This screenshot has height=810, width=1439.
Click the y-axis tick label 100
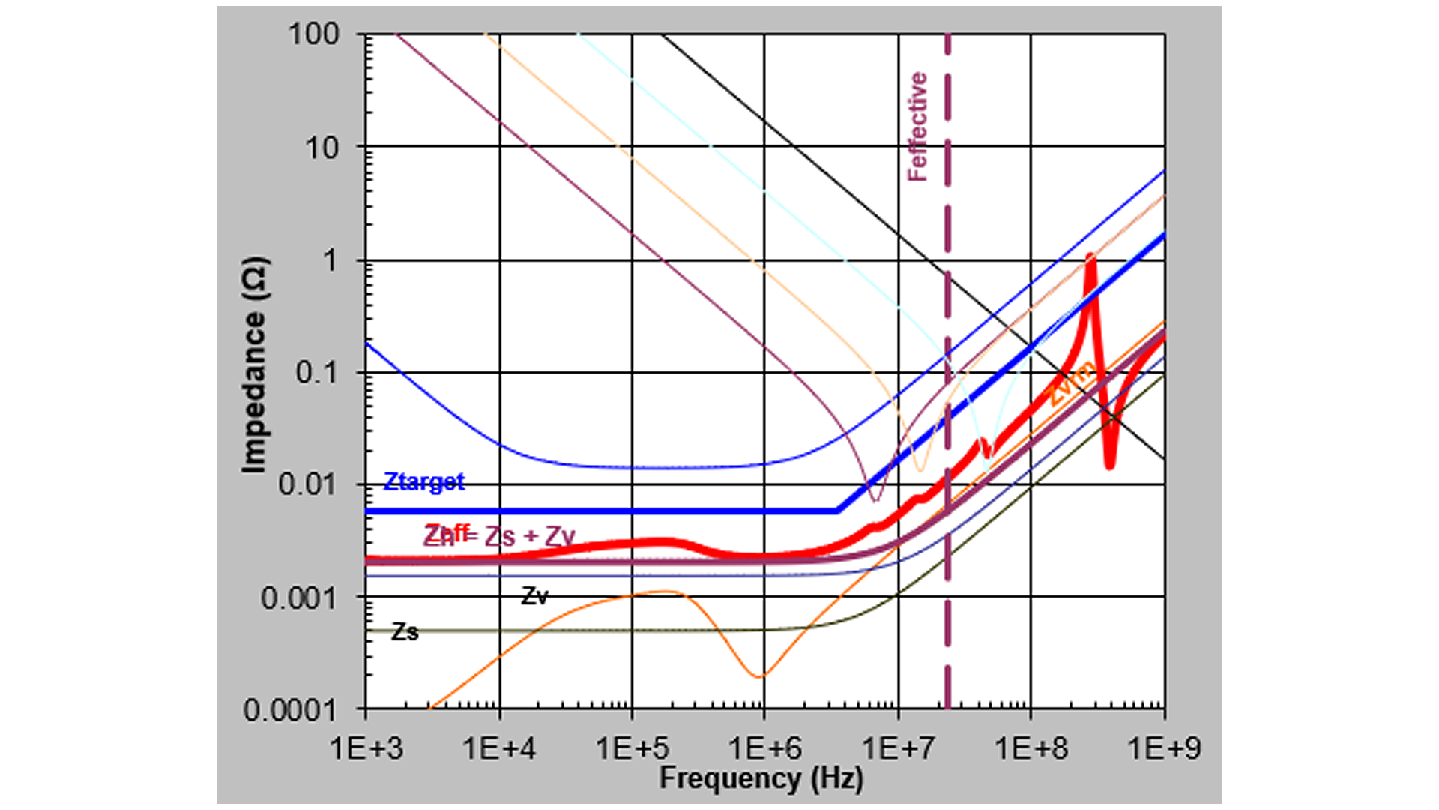click(314, 34)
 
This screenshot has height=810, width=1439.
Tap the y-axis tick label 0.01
click(308, 484)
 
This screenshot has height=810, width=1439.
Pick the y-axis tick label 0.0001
click(290, 709)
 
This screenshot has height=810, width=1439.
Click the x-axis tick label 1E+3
click(366, 748)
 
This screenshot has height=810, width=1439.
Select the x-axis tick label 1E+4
click(499, 748)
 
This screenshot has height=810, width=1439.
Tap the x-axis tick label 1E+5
click(632, 748)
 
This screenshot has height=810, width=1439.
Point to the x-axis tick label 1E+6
click(765, 748)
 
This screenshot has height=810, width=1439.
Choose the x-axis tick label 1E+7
click(898, 748)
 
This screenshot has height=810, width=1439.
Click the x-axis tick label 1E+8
click(1031, 748)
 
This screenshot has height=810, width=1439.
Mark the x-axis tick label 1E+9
click(1164, 748)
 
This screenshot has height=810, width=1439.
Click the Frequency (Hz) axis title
click(761, 778)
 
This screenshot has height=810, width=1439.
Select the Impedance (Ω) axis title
click(254, 365)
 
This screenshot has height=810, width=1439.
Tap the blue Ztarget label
click(424, 481)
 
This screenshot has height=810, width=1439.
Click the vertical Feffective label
click(917, 127)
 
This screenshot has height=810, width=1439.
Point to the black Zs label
click(405, 631)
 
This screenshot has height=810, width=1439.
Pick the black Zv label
click(535, 596)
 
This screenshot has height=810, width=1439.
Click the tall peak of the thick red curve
click(1090, 258)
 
